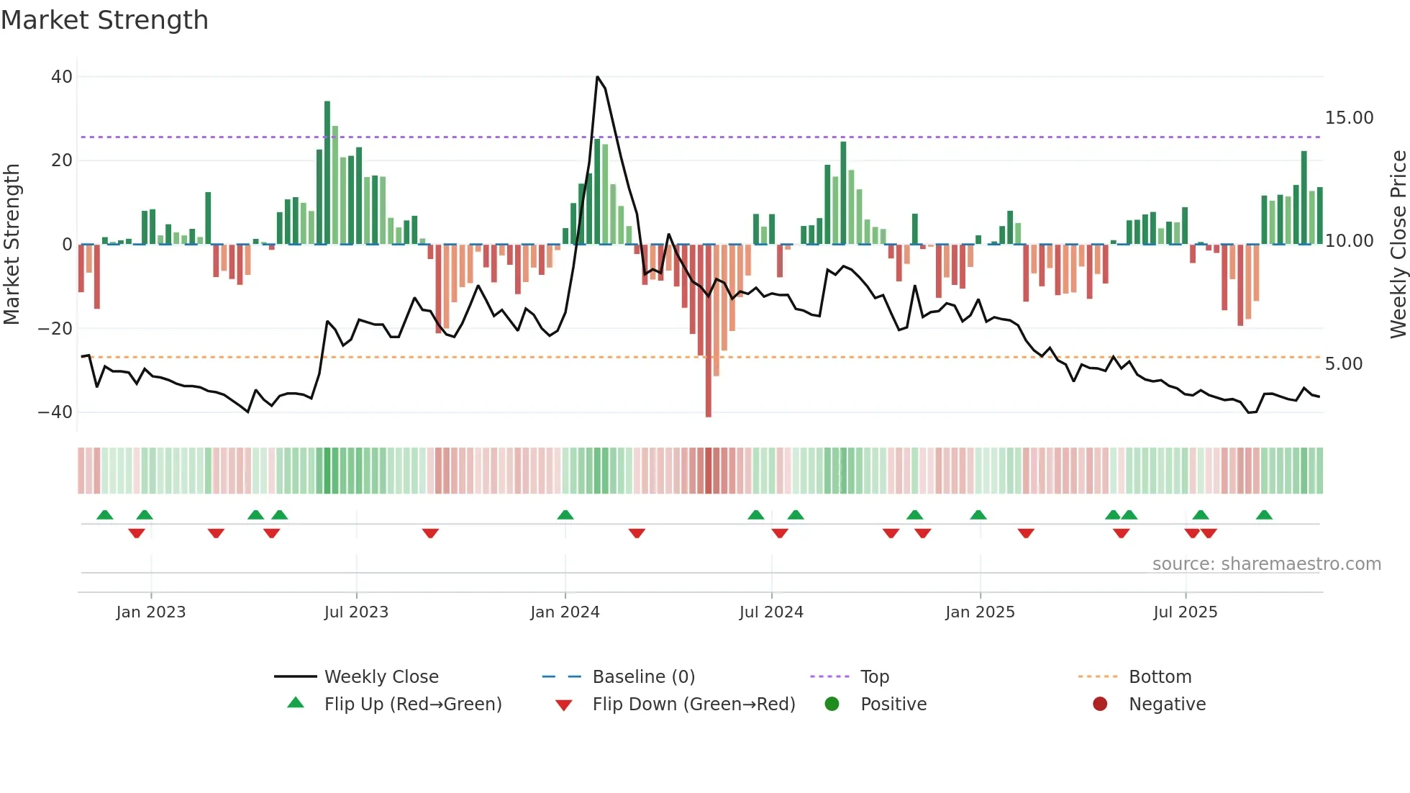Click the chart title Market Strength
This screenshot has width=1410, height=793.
[104, 20]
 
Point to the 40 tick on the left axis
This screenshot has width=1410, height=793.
[62, 76]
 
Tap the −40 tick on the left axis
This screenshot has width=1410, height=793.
[55, 412]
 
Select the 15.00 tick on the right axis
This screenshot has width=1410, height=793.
[1349, 117]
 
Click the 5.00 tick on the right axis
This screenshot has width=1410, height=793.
[1343, 363]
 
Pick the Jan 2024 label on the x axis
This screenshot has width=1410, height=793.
[565, 612]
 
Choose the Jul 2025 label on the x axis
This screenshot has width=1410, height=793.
[1185, 612]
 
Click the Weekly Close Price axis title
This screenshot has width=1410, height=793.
[1398, 245]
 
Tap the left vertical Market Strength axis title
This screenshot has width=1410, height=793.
[12, 245]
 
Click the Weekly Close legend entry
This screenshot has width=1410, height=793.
[381, 676]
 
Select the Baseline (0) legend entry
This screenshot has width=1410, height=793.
[643, 676]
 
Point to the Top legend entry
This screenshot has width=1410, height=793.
[874, 676]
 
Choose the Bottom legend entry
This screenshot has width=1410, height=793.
[1160, 676]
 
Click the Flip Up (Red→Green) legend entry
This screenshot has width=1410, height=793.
[412, 704]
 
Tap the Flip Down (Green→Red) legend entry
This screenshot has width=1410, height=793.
[693, 704]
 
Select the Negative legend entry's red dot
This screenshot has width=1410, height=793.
[1100, 704]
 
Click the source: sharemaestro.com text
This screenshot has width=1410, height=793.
[1266, 563]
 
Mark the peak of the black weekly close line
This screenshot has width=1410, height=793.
[597, 76]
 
